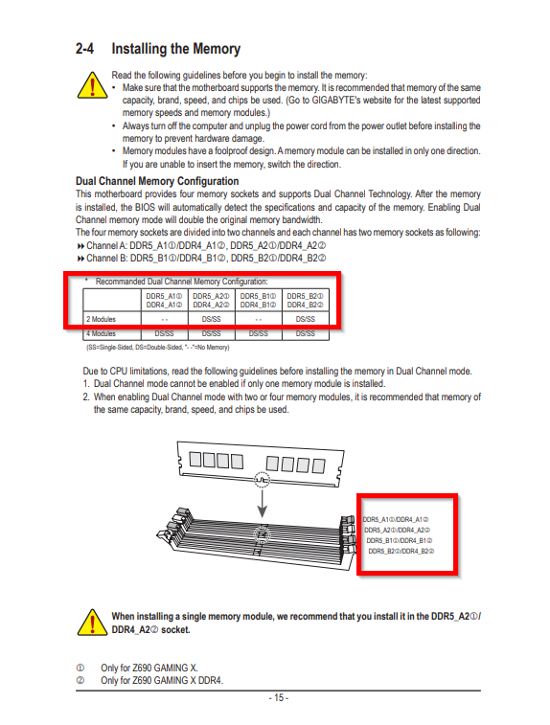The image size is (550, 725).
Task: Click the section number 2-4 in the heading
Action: tap(84, 49)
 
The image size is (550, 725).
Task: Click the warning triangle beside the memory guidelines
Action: tap(93, 85)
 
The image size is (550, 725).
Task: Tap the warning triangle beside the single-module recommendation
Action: tap(93, 622)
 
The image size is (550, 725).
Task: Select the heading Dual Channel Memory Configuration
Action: tap(157, 181)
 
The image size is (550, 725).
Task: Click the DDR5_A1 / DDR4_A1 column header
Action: tap(164, 300)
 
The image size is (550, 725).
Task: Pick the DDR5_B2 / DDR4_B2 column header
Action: tap(306, 300)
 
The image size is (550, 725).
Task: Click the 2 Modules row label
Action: tap(101, 319)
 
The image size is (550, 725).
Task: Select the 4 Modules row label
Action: tap(101, 333)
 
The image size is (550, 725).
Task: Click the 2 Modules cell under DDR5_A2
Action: tap(212, 319)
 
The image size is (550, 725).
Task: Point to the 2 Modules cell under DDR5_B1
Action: tap(258, 319)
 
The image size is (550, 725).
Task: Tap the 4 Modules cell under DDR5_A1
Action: tap(164, 333)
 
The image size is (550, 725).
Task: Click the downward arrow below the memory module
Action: tap(263, 504)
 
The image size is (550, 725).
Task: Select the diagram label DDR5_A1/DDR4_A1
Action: tap(396, 520)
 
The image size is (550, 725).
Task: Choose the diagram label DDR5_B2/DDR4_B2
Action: tap(401, 551)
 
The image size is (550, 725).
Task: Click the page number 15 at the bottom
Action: tap(279, 698)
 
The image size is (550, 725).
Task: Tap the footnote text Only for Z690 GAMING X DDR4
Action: tap(162, 681)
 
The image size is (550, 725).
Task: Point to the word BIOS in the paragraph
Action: tap(145, 207)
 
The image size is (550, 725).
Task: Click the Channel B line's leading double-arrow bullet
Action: tap(80, 259)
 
